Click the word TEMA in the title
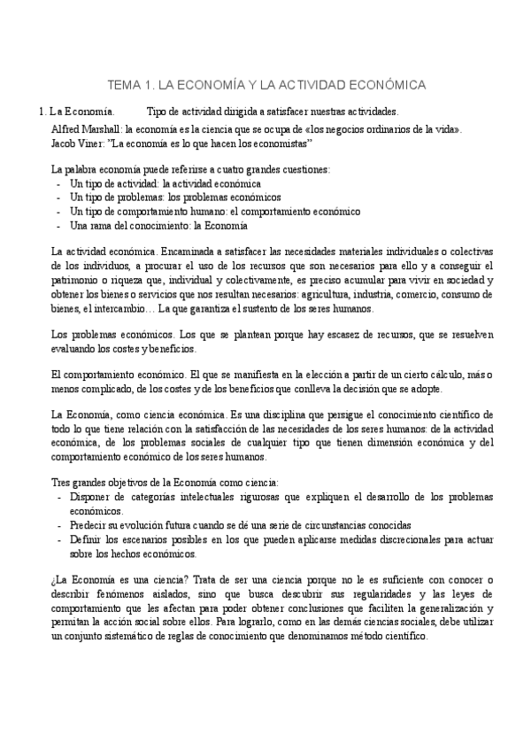(123, 85)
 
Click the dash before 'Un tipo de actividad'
(58, 184)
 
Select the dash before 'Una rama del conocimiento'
(58, 226)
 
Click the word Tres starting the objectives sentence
(62, 484)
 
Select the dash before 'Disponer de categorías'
(58, 498)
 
